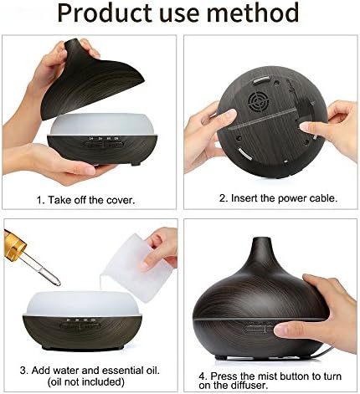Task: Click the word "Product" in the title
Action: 104,13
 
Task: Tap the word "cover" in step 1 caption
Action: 120,200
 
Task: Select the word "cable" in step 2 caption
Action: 323,198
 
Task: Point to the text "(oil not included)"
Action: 86,381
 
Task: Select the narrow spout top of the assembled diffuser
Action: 261,243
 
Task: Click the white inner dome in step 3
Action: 82,304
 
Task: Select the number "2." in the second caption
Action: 224,198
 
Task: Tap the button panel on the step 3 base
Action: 80,325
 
